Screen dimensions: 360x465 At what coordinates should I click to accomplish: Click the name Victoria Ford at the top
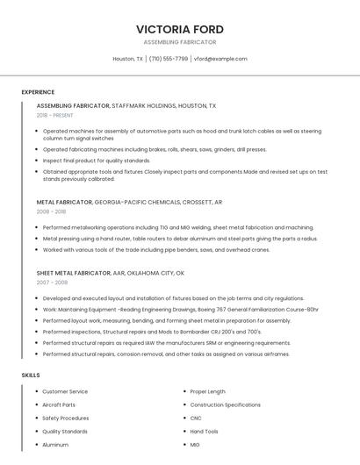click(180, 29)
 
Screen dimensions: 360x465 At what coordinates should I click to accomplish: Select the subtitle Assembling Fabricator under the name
click(180, 42)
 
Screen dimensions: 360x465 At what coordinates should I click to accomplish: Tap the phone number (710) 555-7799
click(169, 59)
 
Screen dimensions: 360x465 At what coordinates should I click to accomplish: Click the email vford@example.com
click(220, 59)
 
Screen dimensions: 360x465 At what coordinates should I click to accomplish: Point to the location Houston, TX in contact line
click(128, 59)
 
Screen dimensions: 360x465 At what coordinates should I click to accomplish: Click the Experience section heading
click(38, 92)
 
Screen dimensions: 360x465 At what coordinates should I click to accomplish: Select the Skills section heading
click(31, 376)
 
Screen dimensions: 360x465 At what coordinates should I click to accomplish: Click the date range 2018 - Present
click(55, 115)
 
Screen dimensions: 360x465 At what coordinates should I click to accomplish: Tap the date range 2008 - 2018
click(51, 211)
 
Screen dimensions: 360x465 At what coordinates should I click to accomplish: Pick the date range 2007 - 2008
click(51, 283)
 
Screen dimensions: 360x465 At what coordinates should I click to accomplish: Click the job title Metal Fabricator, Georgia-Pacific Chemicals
click(129, 202)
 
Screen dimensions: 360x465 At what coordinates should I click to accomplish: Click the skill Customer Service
click(65, 391)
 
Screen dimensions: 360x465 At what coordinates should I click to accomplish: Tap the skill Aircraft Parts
click(59, 404)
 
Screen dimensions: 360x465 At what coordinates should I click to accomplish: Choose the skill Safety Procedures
click(66, 418)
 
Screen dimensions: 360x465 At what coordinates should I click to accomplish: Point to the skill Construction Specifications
click(225, 404)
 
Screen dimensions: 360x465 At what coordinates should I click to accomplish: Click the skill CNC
click(197, 418)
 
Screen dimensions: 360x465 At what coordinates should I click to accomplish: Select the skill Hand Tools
click(204, 432)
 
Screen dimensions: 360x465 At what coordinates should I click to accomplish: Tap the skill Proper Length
click(207, 391)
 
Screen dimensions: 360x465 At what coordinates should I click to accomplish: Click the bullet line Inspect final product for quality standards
click(97, 161)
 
